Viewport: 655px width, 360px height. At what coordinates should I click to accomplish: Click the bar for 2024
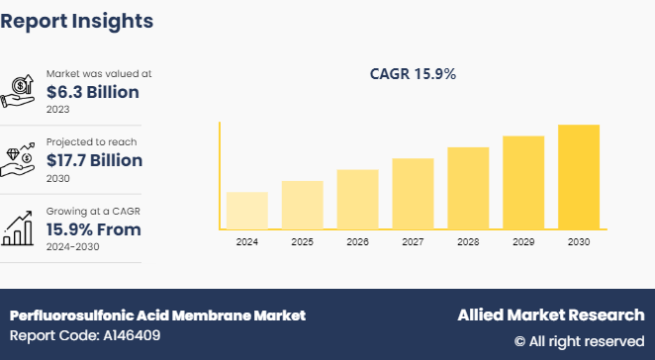click(246, 210)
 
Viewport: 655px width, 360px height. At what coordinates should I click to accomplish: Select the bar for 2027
click(413, 193)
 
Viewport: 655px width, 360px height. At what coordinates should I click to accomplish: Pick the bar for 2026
click(357, 199)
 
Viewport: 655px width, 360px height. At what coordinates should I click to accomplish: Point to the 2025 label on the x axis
click(302, 242)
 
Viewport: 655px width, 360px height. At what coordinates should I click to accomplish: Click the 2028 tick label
click(468, 242)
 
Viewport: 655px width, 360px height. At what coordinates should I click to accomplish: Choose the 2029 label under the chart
click(523, 242)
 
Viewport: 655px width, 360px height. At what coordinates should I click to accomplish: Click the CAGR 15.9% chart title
click(413, 73)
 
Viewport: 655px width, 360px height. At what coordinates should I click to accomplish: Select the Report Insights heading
click(76, 20)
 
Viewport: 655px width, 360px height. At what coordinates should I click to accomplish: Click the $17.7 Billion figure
click(94, 160)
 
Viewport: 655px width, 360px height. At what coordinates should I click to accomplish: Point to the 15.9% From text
click(93, 229)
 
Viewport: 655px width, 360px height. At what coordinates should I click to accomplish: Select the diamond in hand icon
click(21, 158)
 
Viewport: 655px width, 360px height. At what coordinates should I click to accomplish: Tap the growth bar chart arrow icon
click(21, 227)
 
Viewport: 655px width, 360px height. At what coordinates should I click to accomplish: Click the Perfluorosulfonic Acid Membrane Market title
click(157, 315)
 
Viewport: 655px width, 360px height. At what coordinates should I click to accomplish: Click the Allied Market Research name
click(550, 315)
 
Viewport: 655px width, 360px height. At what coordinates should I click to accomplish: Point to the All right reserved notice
click(579, 341)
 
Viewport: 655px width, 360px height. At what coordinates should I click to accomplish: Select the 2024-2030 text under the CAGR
click(74, 247)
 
